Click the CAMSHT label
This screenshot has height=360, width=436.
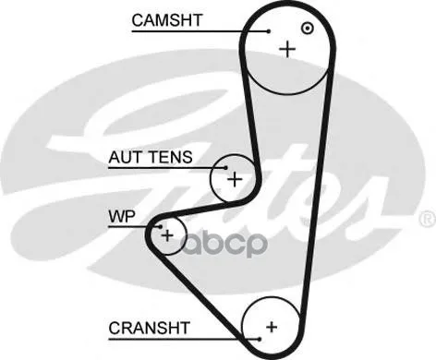click(167, 20)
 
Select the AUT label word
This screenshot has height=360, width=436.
click(125, 157)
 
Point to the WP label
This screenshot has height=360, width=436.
click(122, 216)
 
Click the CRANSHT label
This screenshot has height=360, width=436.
click(149, 328)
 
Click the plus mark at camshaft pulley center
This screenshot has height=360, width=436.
click(287, 49)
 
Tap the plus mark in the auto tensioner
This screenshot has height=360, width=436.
click(235, 179)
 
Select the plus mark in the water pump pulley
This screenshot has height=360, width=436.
click(168, 236)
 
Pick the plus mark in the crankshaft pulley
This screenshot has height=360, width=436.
click(272, 327)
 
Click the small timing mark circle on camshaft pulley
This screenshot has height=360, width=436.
click(308, 29)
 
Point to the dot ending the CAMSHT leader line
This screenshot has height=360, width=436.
click(269, 31)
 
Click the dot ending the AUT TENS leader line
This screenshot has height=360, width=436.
click(225, 168)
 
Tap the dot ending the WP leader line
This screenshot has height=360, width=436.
click(160, 227)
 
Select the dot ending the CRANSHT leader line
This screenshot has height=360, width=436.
click(260, 340)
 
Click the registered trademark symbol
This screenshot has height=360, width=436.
click(428, 219)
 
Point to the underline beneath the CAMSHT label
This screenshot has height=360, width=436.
click(200, 31)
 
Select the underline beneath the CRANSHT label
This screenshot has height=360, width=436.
click(184, 340)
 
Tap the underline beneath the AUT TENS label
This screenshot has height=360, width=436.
click(167, 168)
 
